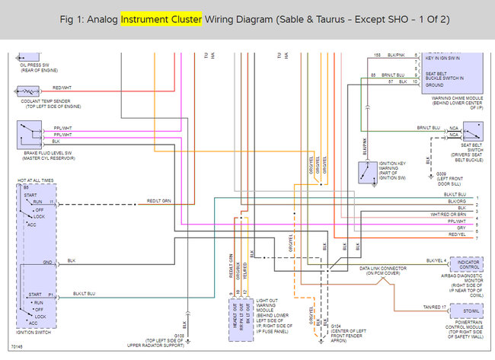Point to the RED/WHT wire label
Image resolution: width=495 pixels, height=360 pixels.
(62, 88)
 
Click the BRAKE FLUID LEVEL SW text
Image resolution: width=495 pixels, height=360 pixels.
(37, 152)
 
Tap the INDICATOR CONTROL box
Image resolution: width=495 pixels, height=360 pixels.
(470, 264)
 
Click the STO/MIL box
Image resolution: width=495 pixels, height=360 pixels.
(469, 311)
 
